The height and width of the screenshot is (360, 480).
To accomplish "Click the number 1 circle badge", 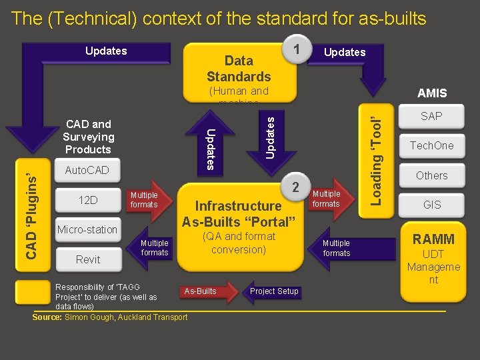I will [295, 50].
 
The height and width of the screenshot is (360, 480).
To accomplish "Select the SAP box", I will [431, 116].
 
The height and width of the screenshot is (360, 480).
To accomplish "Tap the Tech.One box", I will [431, 145].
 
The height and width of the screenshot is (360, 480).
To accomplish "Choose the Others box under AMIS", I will [431, 175].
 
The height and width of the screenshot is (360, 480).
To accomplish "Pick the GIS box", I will [432, 205].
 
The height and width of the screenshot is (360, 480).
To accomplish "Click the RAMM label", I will [433, 239].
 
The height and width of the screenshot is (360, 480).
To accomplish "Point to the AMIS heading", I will [432, 93].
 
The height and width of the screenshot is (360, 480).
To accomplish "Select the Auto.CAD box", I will [87, 170].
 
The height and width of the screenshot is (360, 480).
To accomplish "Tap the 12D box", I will [88, 200].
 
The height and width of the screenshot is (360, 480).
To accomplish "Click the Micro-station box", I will [87, 229].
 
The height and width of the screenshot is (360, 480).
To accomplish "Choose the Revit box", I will [88, 259].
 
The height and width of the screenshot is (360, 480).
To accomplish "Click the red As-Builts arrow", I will [204, 291].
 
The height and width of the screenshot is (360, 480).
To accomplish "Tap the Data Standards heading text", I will [238, 69].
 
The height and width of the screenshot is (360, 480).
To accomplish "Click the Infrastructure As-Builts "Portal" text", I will [238, 213].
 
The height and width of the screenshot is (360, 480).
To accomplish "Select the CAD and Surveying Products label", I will [88, 137].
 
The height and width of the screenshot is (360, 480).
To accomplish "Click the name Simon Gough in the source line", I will [90, 317].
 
